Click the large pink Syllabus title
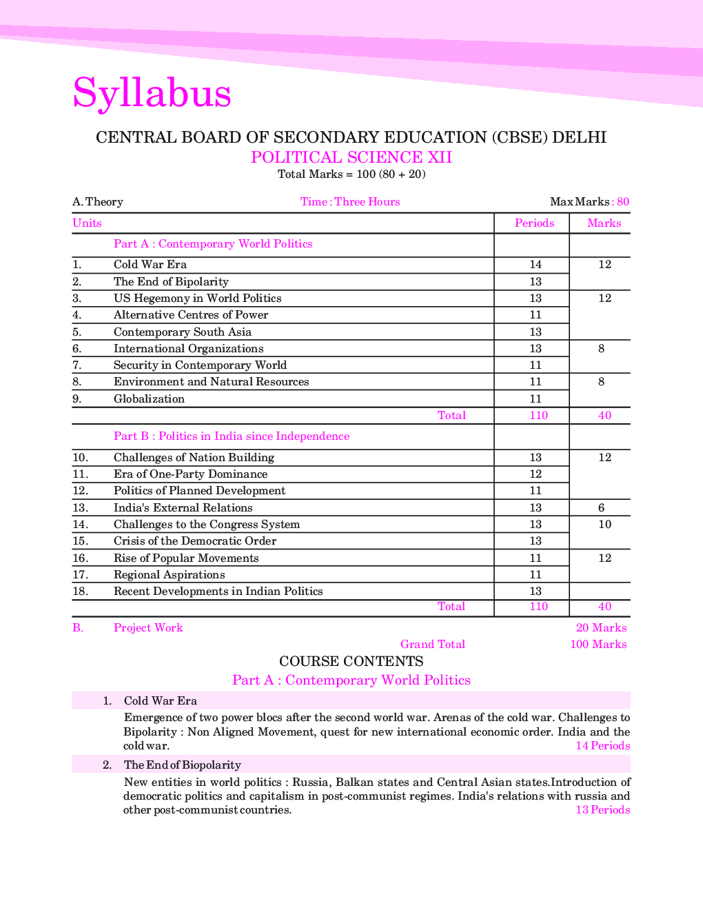pos(152,93)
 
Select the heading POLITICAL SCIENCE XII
pos(351,157)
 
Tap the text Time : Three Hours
pos(350,202)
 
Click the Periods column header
pos(534,223)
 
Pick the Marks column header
pos(604,223)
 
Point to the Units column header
pos(87,223)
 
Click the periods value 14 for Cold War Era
pos(536,265)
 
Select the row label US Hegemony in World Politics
pos(197,299)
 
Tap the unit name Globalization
pos(149,399)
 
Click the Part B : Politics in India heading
pos(231,436)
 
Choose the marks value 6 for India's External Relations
pos(602,508)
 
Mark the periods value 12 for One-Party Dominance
pos(536,474)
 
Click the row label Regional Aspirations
pos(169,575)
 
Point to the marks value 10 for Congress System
pos(604,525)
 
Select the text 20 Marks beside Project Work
pos(601,628)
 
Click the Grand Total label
pos(432,645)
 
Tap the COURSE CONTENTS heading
pos(351,662)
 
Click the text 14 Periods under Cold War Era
pos(602,746)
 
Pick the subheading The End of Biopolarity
pos(182,765)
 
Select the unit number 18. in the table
pos(81,591)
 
